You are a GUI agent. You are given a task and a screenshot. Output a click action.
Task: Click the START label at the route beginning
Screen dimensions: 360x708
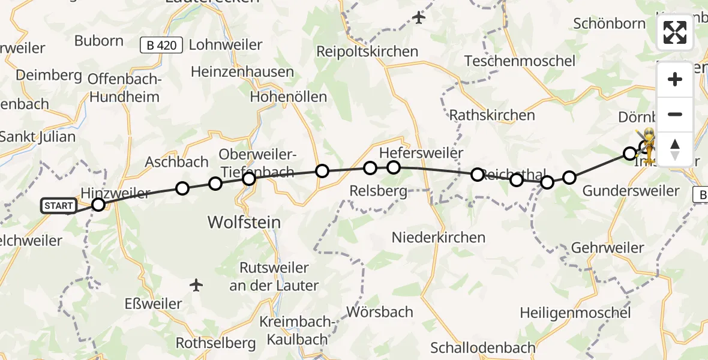[x=59, y=206]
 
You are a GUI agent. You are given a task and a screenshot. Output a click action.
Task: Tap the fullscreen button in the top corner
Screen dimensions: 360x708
[x=675, y=33]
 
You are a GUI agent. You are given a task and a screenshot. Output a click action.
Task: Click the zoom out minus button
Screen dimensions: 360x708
[x=675, y=114]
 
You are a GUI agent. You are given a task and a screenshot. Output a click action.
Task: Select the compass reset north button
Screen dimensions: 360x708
[x=675, y=148]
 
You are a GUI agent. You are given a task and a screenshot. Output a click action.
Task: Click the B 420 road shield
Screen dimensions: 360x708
[x=161, y=45]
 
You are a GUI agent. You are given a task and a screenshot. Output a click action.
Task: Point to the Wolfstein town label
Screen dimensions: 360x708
[x=244, y=223]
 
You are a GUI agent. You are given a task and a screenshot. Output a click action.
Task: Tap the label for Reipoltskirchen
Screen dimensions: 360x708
[x=367, y=52]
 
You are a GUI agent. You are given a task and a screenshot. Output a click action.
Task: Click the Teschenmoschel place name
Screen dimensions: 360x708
[x=520, y=61]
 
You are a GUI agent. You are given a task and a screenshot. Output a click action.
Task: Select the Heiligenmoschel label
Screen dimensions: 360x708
[x=575, y=313]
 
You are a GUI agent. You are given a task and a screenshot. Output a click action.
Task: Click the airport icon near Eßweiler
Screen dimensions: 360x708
[x=196, y=285]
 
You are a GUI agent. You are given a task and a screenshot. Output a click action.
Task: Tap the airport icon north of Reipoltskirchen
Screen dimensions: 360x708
[x=419, y=18]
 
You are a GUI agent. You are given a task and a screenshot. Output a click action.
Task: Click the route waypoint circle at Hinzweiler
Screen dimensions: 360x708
[x=98, y=205]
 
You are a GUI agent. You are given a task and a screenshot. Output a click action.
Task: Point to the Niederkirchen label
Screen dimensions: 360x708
[x=438, y=238]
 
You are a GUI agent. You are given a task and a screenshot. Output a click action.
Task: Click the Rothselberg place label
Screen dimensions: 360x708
[x=215, y=343]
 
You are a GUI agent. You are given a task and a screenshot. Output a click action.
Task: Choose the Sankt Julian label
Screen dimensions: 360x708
[x=37, y=137]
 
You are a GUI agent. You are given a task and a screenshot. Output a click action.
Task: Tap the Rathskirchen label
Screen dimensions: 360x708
[x=492, y=115]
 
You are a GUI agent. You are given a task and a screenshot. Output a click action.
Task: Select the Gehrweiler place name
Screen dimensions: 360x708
[x=607, y=248]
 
